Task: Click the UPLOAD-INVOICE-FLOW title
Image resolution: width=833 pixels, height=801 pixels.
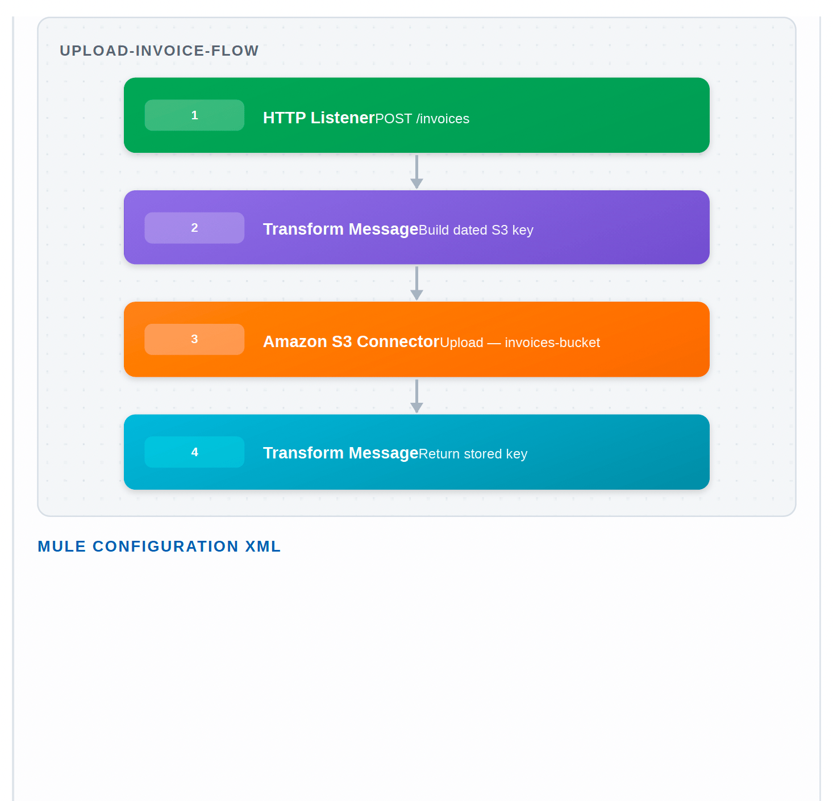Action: (159, 51)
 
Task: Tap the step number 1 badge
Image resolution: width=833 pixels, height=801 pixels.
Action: (194, 115)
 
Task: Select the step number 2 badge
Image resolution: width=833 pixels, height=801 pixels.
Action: (194, 228)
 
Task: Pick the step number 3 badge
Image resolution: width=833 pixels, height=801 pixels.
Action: (194, 339)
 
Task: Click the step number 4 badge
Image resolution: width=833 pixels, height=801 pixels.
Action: (194, 452)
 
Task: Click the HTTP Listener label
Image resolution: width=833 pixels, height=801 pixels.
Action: (319, 118)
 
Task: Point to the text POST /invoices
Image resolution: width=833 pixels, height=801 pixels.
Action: (422, 119)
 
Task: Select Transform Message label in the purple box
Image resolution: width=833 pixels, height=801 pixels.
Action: (341, 230)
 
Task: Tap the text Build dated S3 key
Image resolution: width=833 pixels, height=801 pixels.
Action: (476, 230)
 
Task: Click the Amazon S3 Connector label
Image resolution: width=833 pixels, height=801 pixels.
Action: (351, 342)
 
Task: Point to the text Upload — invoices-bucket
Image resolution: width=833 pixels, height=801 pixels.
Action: (520, 343)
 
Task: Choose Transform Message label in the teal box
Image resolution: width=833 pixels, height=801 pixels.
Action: (341, 453)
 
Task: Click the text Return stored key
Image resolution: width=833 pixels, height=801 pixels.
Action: (473, 454)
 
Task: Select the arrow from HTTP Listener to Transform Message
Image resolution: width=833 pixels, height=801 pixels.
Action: (416, 172)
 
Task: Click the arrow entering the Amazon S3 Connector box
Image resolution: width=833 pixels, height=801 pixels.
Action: (416, 283)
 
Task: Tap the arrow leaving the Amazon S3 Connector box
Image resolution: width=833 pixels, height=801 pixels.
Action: (416, 396)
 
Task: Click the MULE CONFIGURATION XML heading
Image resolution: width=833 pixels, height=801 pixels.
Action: (159, 546)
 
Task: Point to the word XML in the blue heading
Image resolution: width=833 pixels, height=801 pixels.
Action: (263, 546)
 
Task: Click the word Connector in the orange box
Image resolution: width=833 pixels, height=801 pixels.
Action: (398, 342)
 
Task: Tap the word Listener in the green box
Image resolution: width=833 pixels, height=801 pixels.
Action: (343, 118)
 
